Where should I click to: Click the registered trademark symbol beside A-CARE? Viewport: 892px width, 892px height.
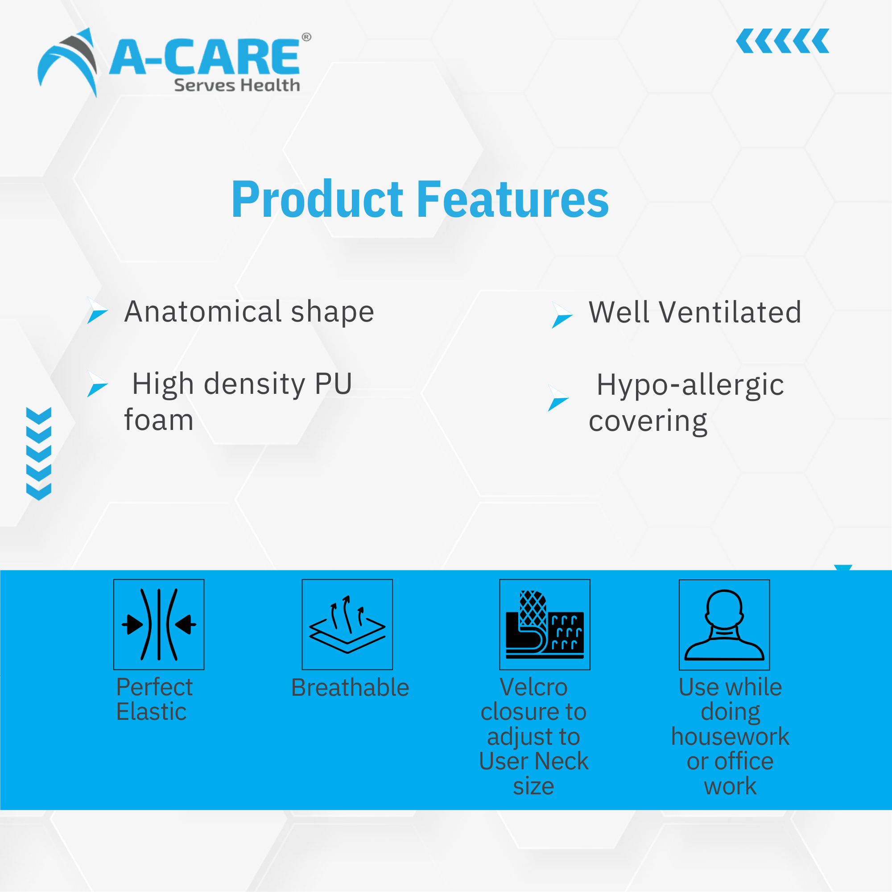point(306,37)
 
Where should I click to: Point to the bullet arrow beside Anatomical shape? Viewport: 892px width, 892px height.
point(97,310)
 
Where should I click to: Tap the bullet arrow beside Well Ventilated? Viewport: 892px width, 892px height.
point(562,315)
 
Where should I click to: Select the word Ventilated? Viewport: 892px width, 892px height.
point(730,312)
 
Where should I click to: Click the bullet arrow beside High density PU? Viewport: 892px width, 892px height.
point(97,384)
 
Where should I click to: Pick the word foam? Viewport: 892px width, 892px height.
point(159,420)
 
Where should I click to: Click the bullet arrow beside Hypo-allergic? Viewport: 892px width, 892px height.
point(558,398)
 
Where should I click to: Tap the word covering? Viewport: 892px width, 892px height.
point(648,421)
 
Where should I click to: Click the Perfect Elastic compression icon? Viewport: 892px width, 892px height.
point(159,624)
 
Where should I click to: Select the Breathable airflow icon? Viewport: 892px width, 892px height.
point(347,624)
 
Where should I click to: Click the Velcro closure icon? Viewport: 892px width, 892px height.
point(545,624)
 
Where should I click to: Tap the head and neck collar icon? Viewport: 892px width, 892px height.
point(724,625)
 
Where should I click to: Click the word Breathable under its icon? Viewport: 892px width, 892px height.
point(351,687)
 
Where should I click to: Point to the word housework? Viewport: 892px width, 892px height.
point(730,736)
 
